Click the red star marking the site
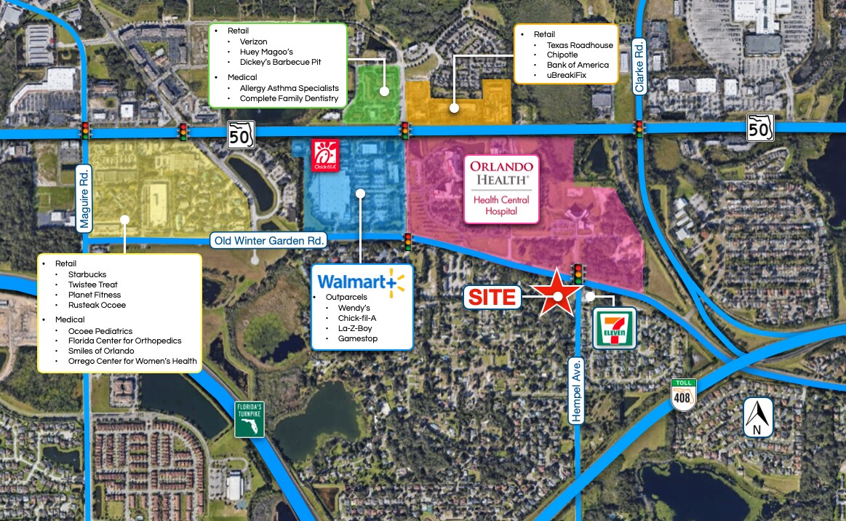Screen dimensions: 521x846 click(557, 293)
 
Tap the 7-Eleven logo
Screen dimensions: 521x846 click(615, 327)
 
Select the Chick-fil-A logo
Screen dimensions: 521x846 click(324, 156)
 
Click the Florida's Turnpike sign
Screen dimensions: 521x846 click(249, 419)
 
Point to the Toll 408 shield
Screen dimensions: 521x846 click(685, 394)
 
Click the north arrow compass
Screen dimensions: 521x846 click(758, 417)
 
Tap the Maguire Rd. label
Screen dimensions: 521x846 click(85, 199)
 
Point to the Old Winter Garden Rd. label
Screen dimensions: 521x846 click(270, 239)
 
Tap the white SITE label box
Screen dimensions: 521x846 click(492, 297)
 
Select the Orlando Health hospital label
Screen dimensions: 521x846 click(501, 188)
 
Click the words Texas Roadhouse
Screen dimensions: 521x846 click(580, 45)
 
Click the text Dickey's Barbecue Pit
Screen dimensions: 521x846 click(280, 62)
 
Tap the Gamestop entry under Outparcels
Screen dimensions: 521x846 click(357, 338)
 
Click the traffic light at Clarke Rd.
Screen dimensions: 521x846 click(639, 129)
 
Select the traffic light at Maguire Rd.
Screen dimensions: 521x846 click(85, 130)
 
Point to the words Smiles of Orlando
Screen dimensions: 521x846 click(101, 351)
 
